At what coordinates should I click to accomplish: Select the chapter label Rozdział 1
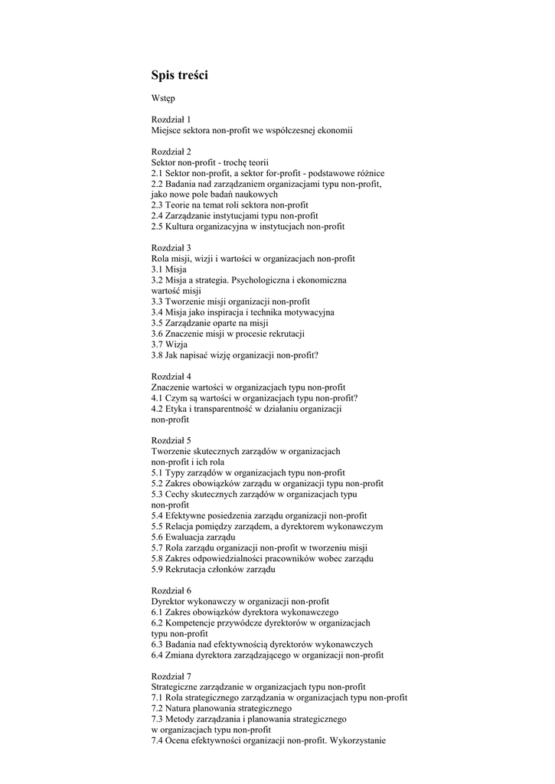[x=171, y=119]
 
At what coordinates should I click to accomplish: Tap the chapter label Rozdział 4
[x=171, y=377]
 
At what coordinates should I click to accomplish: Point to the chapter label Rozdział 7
[x=171, y=676]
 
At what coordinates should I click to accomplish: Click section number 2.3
[x=157, y=205]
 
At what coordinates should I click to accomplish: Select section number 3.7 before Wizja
[x=157, y=345]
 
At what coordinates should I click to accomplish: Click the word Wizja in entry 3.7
[x=177, y=345]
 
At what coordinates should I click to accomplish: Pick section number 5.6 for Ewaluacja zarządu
[x=157, y=537]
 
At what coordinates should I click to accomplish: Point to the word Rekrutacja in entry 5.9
[x=186, y=570]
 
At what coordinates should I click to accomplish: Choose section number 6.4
[x=157, y=655]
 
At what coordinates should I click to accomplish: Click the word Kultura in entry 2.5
[x=181, y=227]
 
